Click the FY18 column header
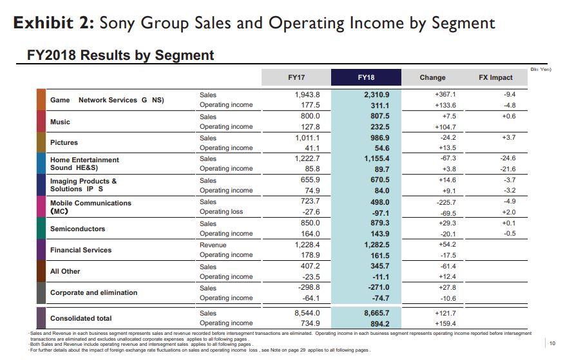point(365,78)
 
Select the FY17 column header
point(296,78)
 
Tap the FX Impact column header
point(495,78)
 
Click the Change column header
point(432,78)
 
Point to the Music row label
point(60,122)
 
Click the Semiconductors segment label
point(77,229)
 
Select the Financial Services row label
point(81,250)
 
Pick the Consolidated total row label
point(81,318)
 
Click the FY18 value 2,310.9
point(377,95)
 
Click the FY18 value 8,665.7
point(377,313)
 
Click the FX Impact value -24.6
point(508,158)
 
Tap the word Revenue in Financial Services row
point(213,245)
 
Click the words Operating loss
point(222,212)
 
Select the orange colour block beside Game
point(41,100)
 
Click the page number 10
point(552,343)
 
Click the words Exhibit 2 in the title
point(53,23)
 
